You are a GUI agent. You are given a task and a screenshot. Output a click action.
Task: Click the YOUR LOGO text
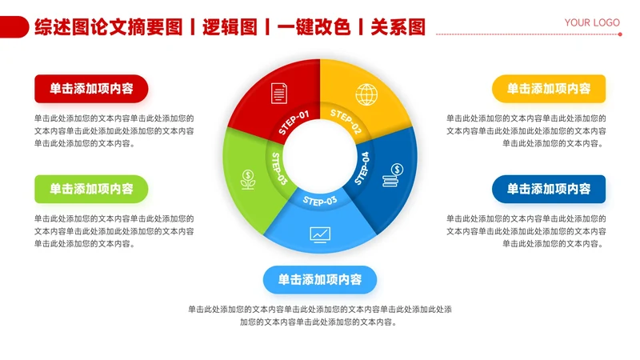click(x=592, y=22)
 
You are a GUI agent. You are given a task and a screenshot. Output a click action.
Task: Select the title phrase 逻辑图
click(x=230, y=27)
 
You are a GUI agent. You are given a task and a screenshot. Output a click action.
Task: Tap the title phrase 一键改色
click(x=314, y=27)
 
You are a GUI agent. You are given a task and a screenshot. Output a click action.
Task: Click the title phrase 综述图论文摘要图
click(x=109, y=27)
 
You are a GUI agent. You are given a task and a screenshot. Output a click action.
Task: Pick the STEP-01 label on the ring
click(x=294, y=122)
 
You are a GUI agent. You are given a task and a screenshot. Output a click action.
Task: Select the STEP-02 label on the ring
click(x=346, y=122)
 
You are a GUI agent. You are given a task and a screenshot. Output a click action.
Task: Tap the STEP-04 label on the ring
click(x=362, y=168)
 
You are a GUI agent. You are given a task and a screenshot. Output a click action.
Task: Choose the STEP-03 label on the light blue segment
click(x=320, y=201)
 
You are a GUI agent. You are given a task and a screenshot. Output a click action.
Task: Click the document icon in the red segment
click(x=278, y=93)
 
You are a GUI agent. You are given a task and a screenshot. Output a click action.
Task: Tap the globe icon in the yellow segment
click(x=366, y=94)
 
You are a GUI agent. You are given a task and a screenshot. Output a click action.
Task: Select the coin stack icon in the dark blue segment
click(x=393, y=175)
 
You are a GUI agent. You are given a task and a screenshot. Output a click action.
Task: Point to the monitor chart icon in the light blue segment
click(x=320, y=234)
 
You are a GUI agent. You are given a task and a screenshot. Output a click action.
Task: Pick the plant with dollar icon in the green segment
click(x=248, y=179)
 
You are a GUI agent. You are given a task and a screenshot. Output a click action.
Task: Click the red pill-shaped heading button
click(x=91, y=88)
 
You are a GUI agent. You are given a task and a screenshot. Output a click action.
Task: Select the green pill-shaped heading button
click(x=91, y=189)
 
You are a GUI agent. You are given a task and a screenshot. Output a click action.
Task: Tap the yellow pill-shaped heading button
click(x=549, y=88)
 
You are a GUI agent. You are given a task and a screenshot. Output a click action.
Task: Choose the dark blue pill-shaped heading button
click(x=549, y=189)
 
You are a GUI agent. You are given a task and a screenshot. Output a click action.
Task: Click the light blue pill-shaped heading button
click(x=320, y=279)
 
